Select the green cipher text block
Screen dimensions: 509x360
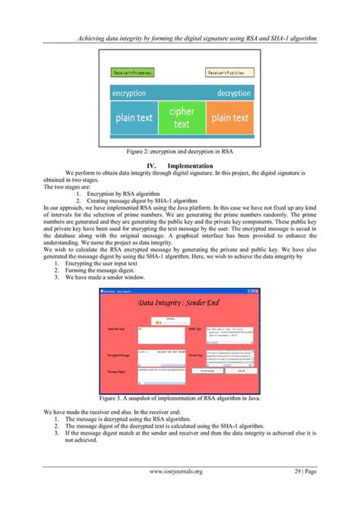tap(182, 118)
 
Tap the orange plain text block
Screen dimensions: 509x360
tap(229, 118)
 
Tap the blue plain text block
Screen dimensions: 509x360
tap(134, 118)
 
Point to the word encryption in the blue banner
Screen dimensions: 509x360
tap(128, 93)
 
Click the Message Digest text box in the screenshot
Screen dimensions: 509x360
tap(160, 372)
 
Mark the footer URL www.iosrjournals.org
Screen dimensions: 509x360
tap(175, 472)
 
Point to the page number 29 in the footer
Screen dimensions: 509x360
tap(298, 472)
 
